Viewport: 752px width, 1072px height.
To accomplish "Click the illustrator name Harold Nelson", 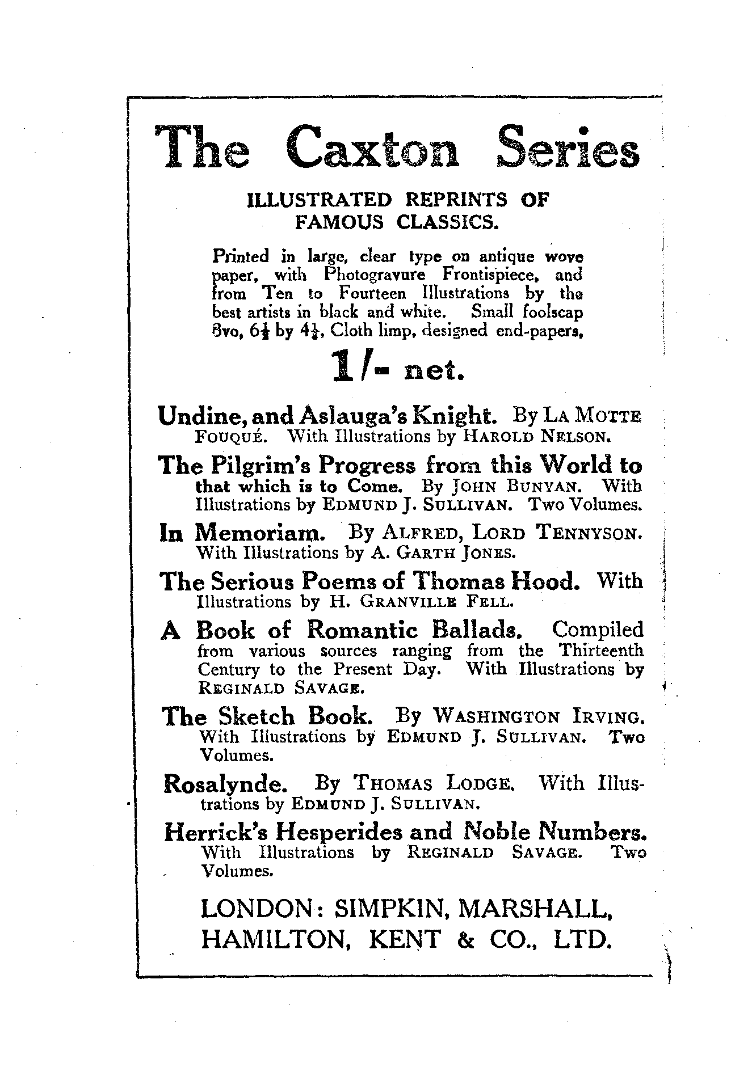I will pos(536,437).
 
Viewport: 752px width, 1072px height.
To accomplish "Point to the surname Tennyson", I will pos(590,533).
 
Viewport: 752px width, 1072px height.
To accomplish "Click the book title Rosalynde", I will pos(225,785).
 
